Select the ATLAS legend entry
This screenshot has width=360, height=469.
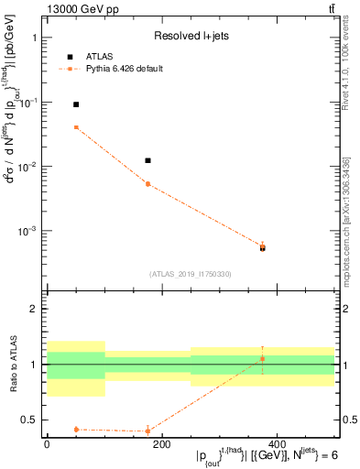point(101,56)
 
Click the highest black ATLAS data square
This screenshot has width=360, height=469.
point(76,104)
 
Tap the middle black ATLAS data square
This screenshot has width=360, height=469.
point(147,160)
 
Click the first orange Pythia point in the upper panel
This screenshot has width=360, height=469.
point(76,127)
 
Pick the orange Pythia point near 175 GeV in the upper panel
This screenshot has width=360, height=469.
point(147,184)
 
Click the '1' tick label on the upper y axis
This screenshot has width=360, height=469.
point(34,38)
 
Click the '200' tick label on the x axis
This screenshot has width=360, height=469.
point(161,443)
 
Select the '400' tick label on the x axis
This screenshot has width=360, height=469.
point(276,443)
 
